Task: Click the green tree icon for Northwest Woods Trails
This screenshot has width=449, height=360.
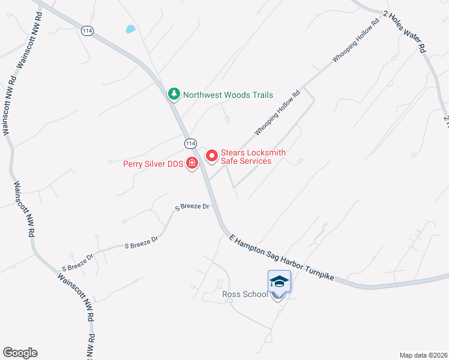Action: tap(173, 94)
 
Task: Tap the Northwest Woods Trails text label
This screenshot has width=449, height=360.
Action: tap(228, 95)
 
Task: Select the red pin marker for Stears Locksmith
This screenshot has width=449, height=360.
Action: tap(211, 156)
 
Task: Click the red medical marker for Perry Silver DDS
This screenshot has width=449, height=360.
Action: tap(192, 163)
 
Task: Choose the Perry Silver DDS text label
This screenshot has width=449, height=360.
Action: tap(153, 163)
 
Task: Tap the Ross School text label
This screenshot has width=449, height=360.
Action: tap(245, 295)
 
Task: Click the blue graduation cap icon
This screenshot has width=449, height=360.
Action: tap(279, 281)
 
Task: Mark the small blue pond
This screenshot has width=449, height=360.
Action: tap(130, 28)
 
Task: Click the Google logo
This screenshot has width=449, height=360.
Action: tap(20, 353)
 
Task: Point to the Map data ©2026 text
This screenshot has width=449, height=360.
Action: tap(423, 355)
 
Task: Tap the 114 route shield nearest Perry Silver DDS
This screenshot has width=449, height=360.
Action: tap(190, 143)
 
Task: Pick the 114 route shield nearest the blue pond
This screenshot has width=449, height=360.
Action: tap(88, 31)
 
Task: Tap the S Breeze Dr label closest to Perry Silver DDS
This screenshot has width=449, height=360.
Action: tap(192, 207)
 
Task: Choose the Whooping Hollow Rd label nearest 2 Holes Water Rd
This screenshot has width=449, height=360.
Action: tap(356, 43)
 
